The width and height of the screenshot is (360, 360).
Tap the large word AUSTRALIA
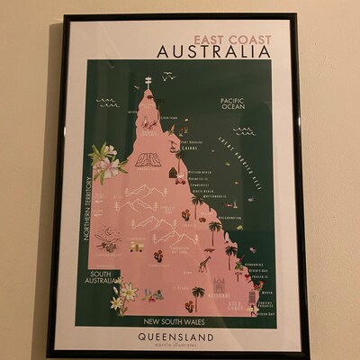point(213,52)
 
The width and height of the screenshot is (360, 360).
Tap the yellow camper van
point(137,246)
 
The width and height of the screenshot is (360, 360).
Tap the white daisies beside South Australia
point(125,293)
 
